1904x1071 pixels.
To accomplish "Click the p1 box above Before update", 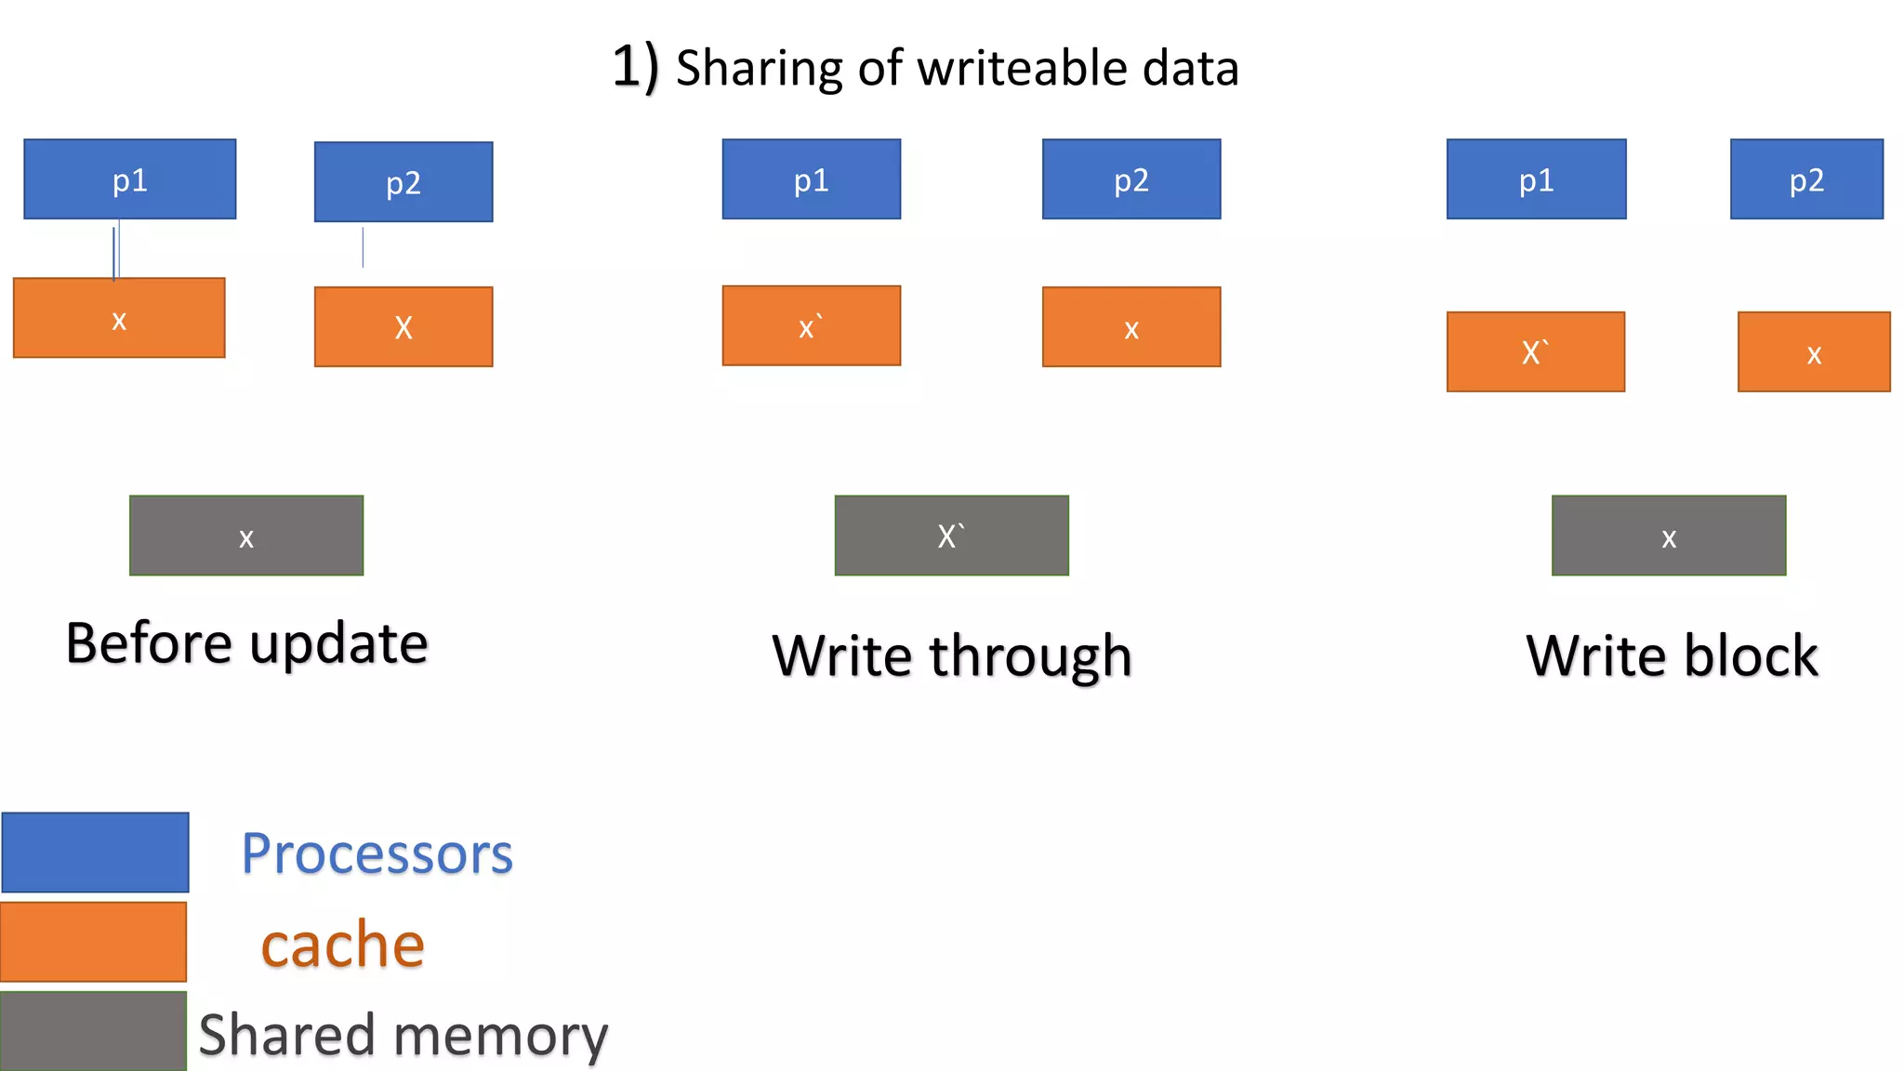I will [x=129, y=179].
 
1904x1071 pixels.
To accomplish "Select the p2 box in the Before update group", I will [x=403, y=182].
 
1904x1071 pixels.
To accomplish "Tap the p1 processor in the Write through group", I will [x=811, y=179].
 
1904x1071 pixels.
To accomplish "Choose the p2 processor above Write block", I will [x=1805, y=179].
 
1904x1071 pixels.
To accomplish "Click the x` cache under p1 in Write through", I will [x=811, y=325].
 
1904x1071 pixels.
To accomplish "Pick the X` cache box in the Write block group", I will [x=1535, y=351].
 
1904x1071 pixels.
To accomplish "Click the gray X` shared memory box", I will [x=951, y=535].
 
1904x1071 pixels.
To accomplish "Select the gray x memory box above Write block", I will [x=1668, y=535].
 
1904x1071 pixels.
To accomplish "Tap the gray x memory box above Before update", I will [x=245, y=535].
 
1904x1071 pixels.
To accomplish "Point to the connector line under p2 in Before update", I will [x=363, y=247].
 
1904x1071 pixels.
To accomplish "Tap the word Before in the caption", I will [x=149, y=643].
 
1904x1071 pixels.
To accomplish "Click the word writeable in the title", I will [x=1022, y=68].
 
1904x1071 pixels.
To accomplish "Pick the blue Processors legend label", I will [x=377, y=853].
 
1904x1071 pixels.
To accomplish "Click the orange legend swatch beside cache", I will [x=93, y=942].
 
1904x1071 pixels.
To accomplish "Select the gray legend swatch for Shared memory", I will [x=93, y=1030].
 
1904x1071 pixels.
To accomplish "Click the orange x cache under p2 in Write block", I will [x=1813, y=351].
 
